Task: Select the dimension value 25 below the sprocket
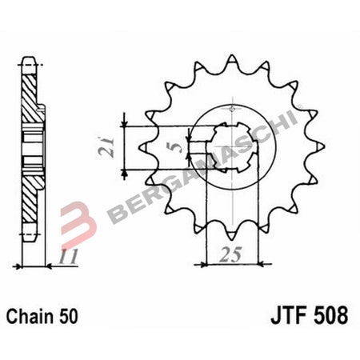click(x=231, y=256)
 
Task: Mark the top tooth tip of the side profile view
click(x=30, y=61)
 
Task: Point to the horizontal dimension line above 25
click(x=231, y=262)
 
